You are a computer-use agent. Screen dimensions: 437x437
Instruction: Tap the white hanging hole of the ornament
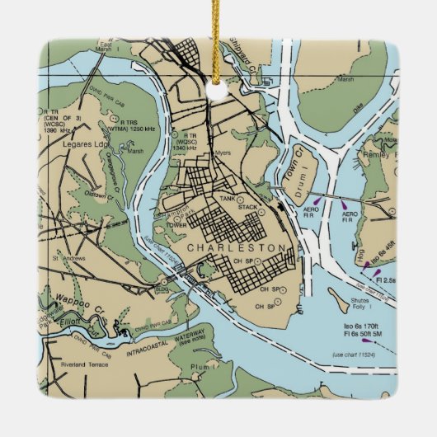tap(218, 90)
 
